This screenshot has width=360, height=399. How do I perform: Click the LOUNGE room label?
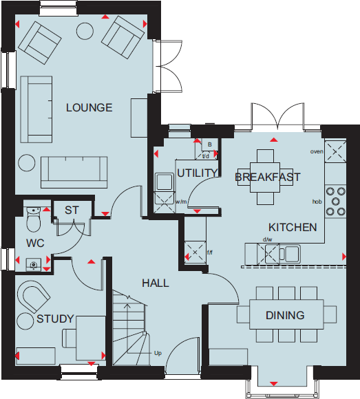click(x=89, y=107)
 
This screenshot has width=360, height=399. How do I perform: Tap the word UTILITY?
click(x=197, y=173)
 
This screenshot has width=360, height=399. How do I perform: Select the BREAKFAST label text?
click(x=268, y=177)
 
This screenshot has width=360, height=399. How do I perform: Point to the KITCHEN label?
click(x=293, y=227)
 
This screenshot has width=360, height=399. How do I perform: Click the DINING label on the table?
click(x=285, y=316)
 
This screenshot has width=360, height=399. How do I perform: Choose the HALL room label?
click(x=156, y=283)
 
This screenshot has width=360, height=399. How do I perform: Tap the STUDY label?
click(x=55, y=319)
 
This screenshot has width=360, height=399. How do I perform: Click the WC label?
click(x=35, y=244)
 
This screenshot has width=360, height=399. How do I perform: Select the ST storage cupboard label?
click(x=72, y=210)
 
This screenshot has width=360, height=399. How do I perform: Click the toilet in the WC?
click(x=32, y=219)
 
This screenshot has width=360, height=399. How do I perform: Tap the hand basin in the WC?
click(x=33, y=263)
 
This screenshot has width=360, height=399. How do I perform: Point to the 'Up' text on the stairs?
click(x=158, y=354)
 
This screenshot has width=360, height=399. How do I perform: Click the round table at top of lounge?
click(x=85, y=31)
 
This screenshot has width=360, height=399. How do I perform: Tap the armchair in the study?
click(x=32, y=297)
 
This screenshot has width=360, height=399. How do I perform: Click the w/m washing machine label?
click(x=181, y=202)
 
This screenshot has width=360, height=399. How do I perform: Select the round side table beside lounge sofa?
click(x=27, y=162)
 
